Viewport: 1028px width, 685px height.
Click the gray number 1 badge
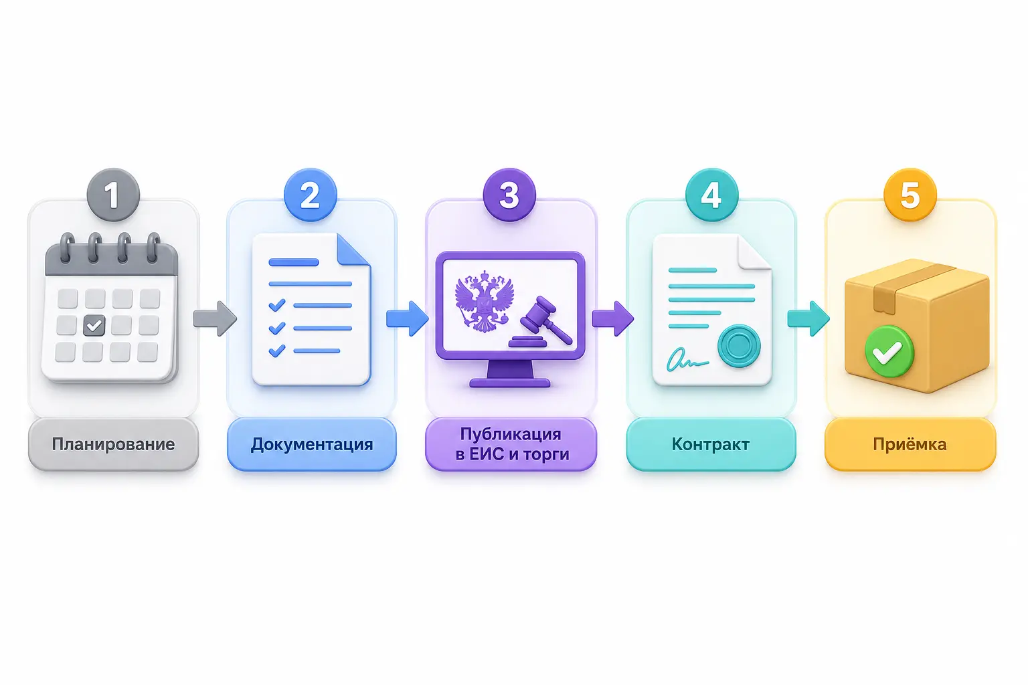click(x=113, y=195)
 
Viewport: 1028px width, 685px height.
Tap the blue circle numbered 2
click(x=311, y=195)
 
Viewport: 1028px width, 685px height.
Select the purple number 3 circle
click(x=509, y=195)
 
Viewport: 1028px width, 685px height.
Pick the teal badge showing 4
click(x=711, y=195)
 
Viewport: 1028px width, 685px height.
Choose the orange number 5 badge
click(x=910, y=195)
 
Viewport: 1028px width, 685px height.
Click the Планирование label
click(x=113, y=444)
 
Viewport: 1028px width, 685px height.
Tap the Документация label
click(x=312, y=444)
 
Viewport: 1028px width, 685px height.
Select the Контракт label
click(x=710, y=444)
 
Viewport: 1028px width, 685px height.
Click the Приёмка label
click(x=910, y=444)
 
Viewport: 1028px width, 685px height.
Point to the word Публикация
click(x=511, y=434)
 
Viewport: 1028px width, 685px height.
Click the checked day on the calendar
click(x=94, y=326)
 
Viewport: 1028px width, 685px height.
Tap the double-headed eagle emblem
click(x=484, y=301)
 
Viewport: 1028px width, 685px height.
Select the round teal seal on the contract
click(x=739, y=346)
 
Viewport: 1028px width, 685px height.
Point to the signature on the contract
click(x=687, y=359)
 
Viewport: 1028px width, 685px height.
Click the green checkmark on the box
click(x=889, y=351)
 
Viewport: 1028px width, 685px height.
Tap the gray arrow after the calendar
click(x=215, y=318)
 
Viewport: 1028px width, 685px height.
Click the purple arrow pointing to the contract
click(x=612, y=318)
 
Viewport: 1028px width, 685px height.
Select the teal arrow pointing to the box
click(x=808, y=318)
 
